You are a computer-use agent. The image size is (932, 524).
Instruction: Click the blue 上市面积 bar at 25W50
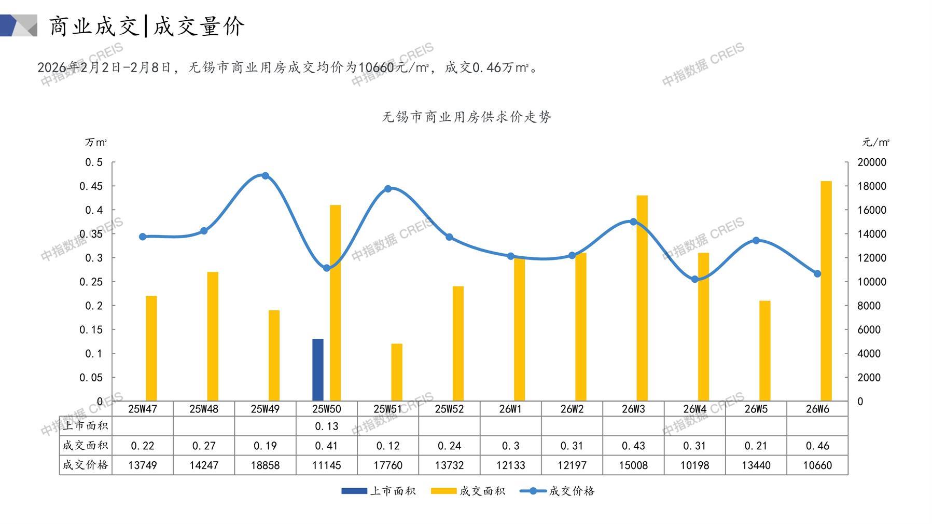pyautogui.click(x=318, y=370)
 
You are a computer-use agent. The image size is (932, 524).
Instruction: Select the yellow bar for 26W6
pyautogui.click(x=826, y=291)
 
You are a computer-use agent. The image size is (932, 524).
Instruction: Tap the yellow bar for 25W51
pyautogui.click(x=397, y=372)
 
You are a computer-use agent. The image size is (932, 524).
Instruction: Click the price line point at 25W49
pyautogui.click(x=266, y=176)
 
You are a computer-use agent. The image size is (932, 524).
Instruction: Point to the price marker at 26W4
pyautogui.click(x=695, y=279)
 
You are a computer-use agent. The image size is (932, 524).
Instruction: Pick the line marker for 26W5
pyautogui.click(x=756, y=241)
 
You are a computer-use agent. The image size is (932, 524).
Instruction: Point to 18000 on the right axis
pyautogui.click(x=872, y=186)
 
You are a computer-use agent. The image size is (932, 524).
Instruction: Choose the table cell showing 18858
pyautogui.click(x=265, y=465)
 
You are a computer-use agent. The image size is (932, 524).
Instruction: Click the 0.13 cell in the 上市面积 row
pyautogui.click(x=326, y=426)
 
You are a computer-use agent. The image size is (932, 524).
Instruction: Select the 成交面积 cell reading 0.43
pyautogui.click(x=633, y=446)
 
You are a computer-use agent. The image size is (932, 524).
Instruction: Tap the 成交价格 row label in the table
pyautogui.click(x=86, y=465)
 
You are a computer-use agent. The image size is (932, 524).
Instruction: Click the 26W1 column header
pyautogui.click(x=510, y=409)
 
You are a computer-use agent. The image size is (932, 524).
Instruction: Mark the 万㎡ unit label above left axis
pyautogui.click(x=96, y=142)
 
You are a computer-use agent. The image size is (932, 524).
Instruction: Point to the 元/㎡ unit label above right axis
pyautogui.click(x=876, y=142)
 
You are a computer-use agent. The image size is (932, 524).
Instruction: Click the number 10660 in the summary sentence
pyautogui.click(x=377, y=67)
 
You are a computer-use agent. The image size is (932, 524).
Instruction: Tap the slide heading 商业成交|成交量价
pyautogui.click(x=147, y=26)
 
